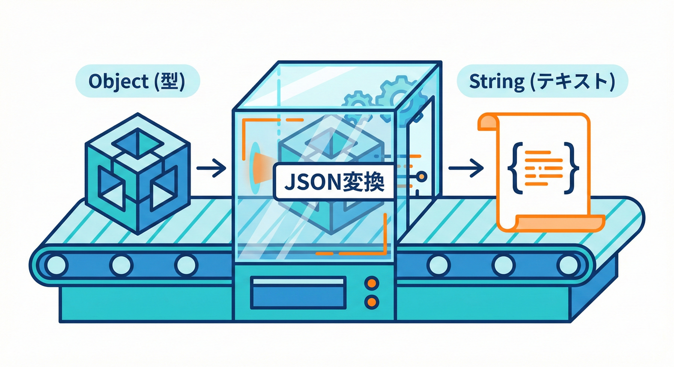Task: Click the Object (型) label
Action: click(x=137, y=82)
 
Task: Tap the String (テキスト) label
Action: click(x=541, y=82)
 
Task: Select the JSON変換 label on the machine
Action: click(x=334, y=182)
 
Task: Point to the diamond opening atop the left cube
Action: click(x=138, y=142)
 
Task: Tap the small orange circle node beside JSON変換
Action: click(x=421, y=177)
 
